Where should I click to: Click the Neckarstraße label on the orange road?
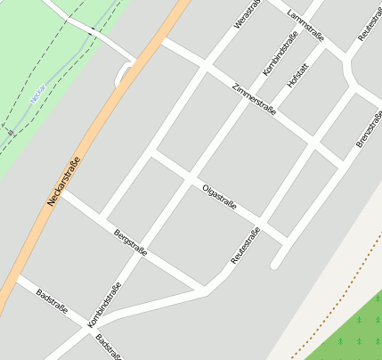click(64, 181)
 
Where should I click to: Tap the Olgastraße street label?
click(219, 196)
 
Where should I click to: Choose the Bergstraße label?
click(130, 243)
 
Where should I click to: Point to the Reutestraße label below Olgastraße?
click(245, 246)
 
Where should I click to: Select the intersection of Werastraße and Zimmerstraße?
click(207, 67)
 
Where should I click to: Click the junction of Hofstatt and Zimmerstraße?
click(313, 142)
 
